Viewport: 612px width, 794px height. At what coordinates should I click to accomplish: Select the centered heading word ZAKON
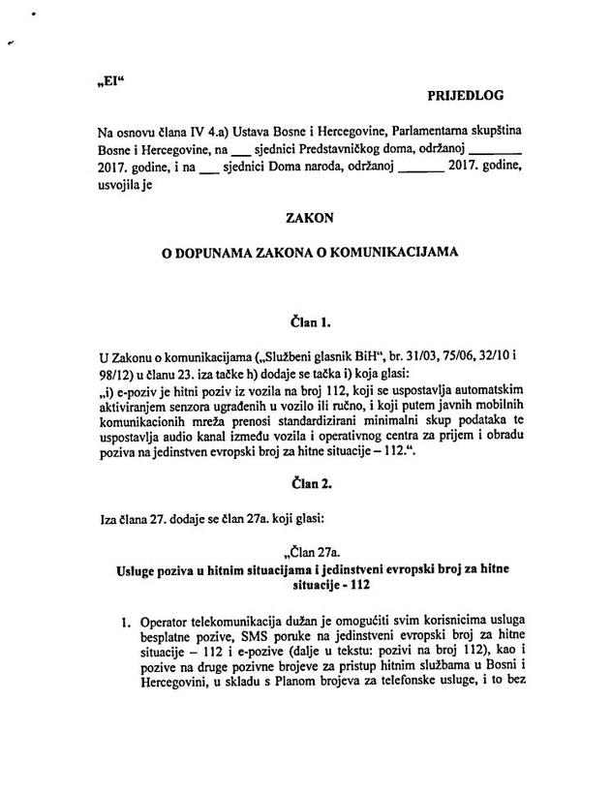pos(305,220)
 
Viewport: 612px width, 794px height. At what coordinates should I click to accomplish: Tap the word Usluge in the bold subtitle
pos(138,569)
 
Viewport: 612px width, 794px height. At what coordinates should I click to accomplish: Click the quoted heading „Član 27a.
pos(310,552)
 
